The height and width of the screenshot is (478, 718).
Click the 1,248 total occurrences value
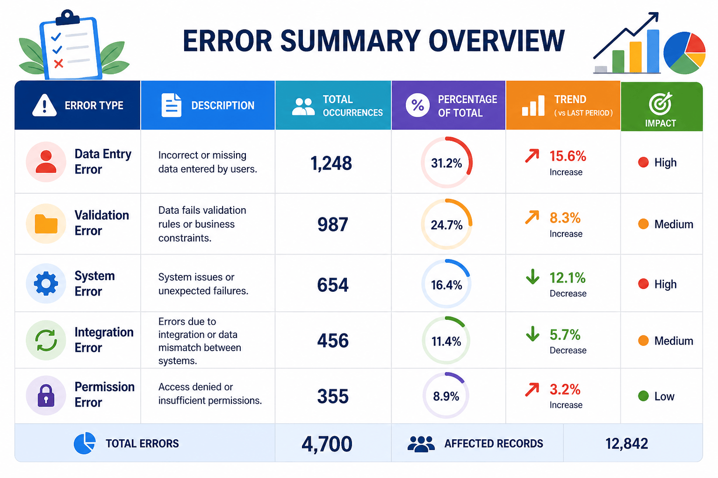coord(331,163)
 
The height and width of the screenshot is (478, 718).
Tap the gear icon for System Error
coord(46,283)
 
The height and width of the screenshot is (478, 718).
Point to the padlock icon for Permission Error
coord(46,395)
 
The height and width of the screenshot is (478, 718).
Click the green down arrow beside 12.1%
coord(532,277)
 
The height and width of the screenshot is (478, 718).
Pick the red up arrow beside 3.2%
coord(532,390)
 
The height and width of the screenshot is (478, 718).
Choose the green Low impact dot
coord(643,396)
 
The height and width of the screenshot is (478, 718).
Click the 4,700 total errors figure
coord(327,444)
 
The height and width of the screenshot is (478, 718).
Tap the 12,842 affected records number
coord(627,444)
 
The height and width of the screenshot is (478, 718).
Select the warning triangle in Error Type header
coord(44,105)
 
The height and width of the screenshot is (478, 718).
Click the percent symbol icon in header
coord(417,105)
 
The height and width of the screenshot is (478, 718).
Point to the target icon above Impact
coord(660,103)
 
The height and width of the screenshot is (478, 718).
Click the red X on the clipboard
coord(58,63)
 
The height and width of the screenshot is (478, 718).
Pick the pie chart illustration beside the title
coord(684,53)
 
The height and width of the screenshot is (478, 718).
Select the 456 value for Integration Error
coord(333,340)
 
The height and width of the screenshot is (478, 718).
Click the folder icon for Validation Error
coord(46,224)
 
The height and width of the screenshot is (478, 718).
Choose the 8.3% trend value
coord(565,218)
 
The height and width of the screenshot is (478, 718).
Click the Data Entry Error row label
coord(103,162)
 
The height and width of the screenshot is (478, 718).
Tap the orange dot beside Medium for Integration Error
coord(643,340)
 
